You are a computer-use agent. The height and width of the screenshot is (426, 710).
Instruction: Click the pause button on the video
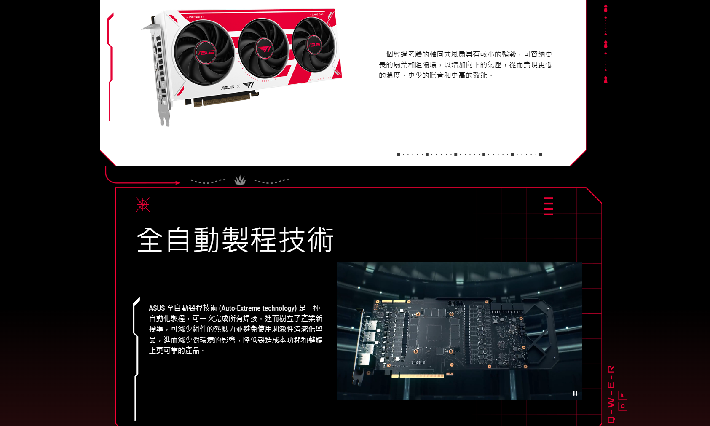575,394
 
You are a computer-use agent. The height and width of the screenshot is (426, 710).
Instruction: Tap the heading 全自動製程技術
235,240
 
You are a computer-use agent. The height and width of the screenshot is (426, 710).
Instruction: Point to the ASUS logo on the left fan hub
206,52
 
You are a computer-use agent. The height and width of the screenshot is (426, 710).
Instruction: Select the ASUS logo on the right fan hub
314,45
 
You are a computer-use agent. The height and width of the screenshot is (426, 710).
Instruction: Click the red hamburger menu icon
548,206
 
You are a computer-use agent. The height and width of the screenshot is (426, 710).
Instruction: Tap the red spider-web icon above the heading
143,204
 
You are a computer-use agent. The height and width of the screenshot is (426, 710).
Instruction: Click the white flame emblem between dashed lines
240,180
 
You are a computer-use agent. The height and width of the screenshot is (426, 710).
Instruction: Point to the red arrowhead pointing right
178,182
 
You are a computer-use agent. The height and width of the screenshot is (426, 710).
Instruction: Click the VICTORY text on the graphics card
195,17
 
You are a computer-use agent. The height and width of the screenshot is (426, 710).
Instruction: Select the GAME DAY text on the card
317,15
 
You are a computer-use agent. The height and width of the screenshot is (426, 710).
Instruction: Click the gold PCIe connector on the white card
222,99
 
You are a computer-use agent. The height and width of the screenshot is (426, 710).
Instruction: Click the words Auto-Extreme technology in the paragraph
259,308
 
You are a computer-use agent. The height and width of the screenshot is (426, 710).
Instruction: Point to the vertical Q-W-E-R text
611,394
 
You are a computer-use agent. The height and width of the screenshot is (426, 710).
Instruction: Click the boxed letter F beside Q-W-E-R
623,395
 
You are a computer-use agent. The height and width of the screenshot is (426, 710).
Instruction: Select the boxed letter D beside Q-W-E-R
623,406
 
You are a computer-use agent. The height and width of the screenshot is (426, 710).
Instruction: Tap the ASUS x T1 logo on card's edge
238,86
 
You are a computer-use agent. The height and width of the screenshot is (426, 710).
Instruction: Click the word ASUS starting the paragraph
157,308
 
